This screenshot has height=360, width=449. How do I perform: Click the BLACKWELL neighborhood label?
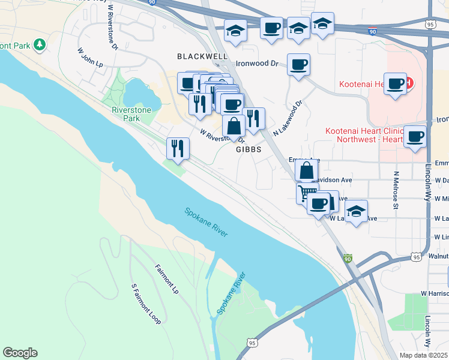[x=202, y=56]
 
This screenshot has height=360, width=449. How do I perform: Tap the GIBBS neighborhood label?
[x=249, y=149]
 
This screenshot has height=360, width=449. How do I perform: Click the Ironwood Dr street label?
[x=258, y=62]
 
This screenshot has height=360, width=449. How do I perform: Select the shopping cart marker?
[x=307, y=192]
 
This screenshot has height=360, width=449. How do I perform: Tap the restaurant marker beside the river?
[x=178, y=148]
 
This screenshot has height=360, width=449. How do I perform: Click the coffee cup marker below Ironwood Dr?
[x=298, y=65]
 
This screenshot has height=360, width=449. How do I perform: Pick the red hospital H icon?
[x=409, y=82]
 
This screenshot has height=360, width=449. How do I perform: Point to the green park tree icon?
[x=40, y=44]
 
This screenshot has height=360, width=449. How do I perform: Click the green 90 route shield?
[x=348, y=259]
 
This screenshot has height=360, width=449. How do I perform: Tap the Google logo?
[x=20, y=353]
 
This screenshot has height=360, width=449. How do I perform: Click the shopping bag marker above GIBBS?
[x=234, y=125]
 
